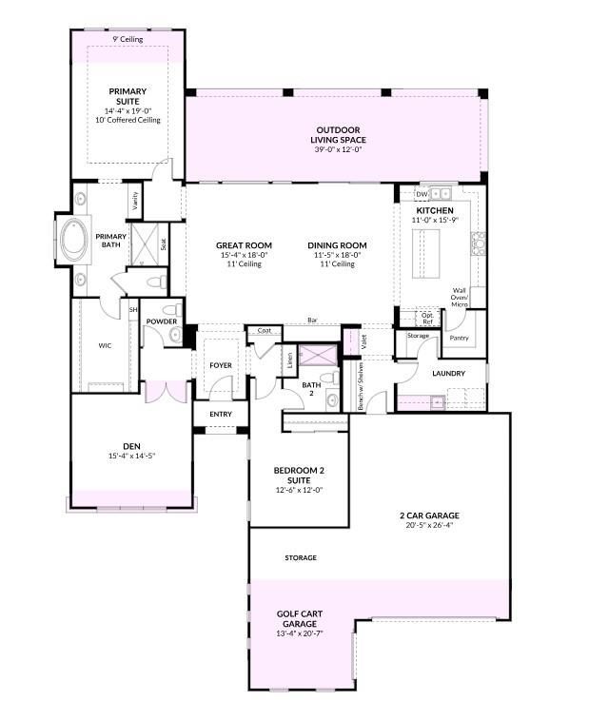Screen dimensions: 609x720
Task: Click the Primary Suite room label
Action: tap(128, 96)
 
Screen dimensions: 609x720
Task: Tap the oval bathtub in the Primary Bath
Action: tap(74, 239)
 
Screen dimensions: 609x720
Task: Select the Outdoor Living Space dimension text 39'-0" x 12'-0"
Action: tap(338, 149)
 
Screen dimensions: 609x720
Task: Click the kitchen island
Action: tap(425, 253)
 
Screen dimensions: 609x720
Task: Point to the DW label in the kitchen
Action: tap(422, 194)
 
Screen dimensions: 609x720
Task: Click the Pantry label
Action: tap(459, 338)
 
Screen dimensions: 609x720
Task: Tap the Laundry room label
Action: tap(449, 374)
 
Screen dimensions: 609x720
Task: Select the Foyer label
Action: tap(221, 365)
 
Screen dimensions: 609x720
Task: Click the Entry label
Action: tap(221, 414)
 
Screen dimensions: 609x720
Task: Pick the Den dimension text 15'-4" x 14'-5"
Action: tap(132, 456)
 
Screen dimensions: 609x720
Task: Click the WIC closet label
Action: tap(105, 346)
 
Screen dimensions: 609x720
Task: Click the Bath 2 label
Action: tap(311, 388)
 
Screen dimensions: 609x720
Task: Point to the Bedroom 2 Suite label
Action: tap(299, 476)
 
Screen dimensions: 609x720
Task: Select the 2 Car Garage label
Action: tap(429, 516)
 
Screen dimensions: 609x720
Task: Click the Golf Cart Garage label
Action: tap(300, 618)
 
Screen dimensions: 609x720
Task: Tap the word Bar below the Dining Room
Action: tap(312, 320)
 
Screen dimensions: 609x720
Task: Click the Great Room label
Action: tap(244, 245)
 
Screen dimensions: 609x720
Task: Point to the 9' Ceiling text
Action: tap(128, 40)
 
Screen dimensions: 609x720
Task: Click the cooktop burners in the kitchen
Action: tap(478, 243)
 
